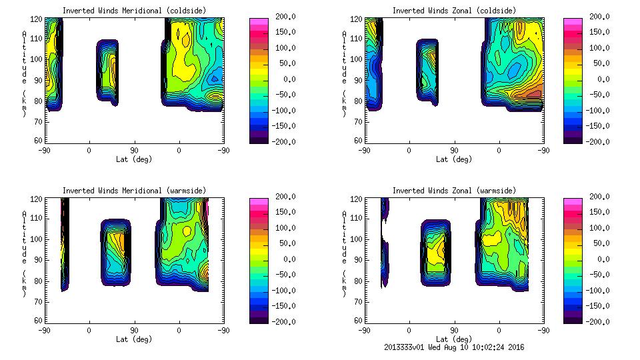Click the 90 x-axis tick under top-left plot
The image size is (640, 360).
click(x=134, y=151)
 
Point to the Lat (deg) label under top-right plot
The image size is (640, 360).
click(x=455, y=159)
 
